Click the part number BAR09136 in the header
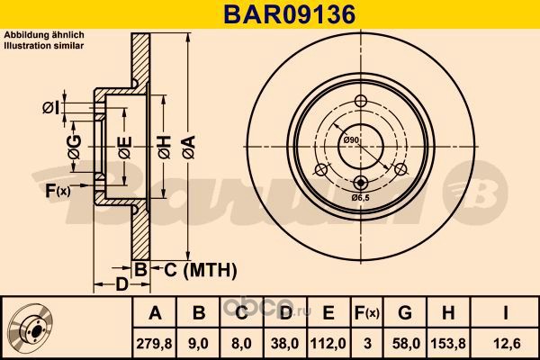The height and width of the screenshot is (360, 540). pos(290,14)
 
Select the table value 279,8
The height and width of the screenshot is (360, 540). pos(155,344)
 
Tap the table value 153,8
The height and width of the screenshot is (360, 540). pos(448,344)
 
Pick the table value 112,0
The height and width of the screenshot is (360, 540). pos(328,344)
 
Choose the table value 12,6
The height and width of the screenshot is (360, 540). pos(505,344)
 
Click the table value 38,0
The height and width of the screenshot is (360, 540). pos(285,344)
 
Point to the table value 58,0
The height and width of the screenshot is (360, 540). pos(406,344)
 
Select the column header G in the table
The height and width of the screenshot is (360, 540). pos(405,313)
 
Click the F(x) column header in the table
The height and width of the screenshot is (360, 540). pos(367,313)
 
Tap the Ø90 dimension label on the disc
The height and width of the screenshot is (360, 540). pos(351,139)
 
